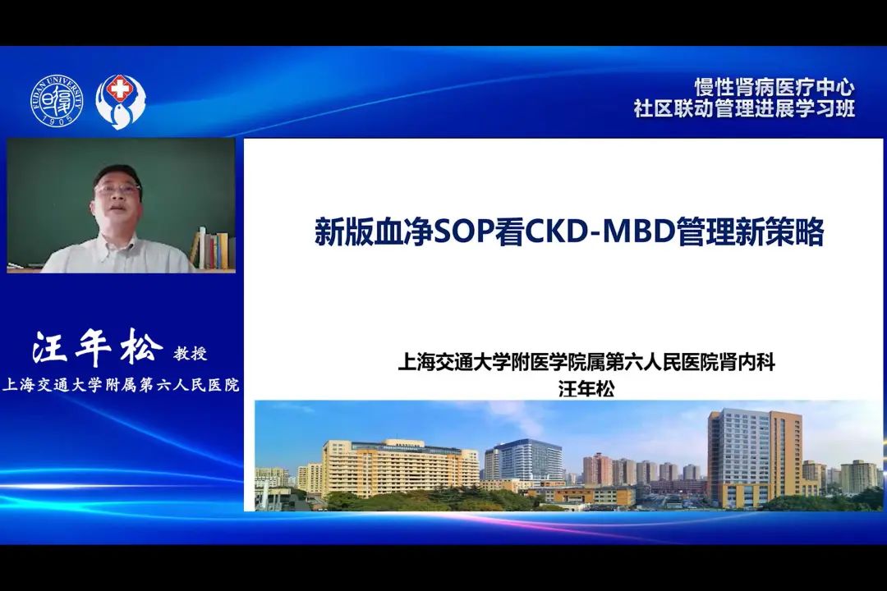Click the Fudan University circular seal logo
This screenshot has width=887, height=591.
tap(57, 101)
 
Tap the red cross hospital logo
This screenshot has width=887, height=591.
tap(119, 101)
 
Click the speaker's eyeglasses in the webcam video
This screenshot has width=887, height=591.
tap(117, 188)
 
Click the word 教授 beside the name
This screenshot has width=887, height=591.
tap(191, 354)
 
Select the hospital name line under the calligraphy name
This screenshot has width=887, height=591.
tap(121, 385)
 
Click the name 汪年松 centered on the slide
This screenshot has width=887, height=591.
tap(586, 389)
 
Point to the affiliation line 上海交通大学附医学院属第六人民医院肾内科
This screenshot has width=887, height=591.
tap(586, 362)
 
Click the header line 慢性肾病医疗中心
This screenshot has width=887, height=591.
tap(774, 87)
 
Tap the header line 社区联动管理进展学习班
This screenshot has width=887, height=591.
tap(744, 108)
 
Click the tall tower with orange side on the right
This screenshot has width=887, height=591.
tap(756, 457)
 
